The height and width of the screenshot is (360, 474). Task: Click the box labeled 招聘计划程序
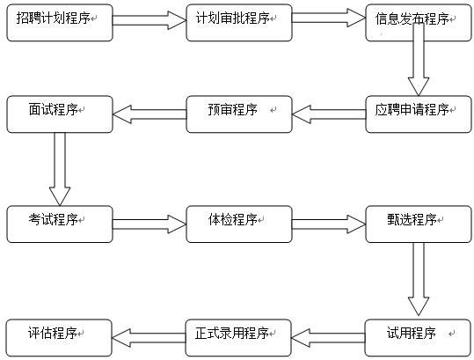(60, 23)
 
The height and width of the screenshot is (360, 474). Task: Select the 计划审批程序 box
(239, 23)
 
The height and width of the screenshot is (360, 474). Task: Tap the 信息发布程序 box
(419, 23)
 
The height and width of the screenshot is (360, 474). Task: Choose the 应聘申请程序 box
(419, 114)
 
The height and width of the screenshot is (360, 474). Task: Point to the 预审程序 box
(239, 114)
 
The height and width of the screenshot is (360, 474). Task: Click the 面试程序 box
(60, 114)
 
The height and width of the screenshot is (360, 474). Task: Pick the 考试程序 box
(60, 224)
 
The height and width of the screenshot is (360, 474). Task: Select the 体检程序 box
(239, 224)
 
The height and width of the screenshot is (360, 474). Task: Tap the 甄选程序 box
(419, 224)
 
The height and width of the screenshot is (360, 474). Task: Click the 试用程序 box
(418, 338)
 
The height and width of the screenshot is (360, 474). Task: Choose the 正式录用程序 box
(238, 338)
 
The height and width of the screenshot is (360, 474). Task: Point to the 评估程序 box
(59, 338)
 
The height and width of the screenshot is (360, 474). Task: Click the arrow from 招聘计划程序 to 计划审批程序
(149, 20)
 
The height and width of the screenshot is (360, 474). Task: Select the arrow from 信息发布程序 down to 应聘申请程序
(419, 59)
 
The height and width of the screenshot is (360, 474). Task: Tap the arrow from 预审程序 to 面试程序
(149, 114)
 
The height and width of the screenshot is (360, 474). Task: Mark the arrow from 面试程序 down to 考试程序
(60, 169)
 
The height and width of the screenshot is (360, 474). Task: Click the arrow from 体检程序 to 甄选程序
(329, 224)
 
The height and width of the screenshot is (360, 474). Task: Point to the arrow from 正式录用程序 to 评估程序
(149, 338)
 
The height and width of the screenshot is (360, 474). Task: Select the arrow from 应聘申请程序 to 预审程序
(329, 114)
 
